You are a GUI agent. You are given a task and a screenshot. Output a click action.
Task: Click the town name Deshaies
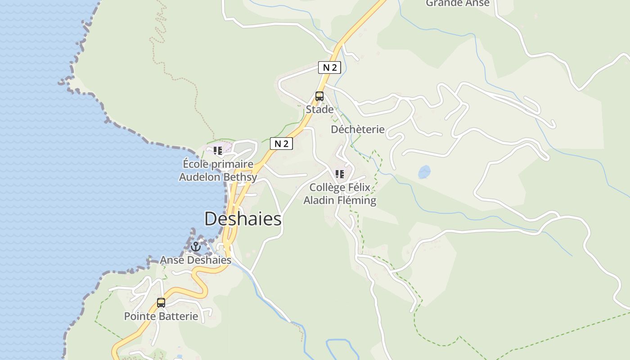[x=243, y=219]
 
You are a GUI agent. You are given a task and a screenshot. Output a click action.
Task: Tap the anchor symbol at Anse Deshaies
[x=196, y=247]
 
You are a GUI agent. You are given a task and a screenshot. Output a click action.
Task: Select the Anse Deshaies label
[x=196, y=260]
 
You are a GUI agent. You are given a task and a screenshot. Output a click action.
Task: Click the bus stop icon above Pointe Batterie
[x=161, y=302]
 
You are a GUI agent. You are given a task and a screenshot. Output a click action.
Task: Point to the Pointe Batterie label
[x=161, y=316]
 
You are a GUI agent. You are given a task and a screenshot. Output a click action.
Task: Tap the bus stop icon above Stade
[x=319, y=96]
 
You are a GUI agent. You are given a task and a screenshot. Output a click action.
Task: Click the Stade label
[x=320, y=109]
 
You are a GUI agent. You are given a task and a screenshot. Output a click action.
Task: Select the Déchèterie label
[x=358, y=130]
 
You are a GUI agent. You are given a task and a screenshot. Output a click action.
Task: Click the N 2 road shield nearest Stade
[x=329, y=67]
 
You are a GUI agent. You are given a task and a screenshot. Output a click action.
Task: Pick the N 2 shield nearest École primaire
[x=281, y=144]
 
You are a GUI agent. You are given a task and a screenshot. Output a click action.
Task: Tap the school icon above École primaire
[x=218, y=151]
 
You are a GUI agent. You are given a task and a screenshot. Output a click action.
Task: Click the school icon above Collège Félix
[x=340, y=174]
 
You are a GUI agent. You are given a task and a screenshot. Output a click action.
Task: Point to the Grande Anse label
[x=458, y=4]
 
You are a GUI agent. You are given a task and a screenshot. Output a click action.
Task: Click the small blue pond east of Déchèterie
[x=424, y=172]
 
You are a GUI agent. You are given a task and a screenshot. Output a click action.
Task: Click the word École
[x=196, y=164]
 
